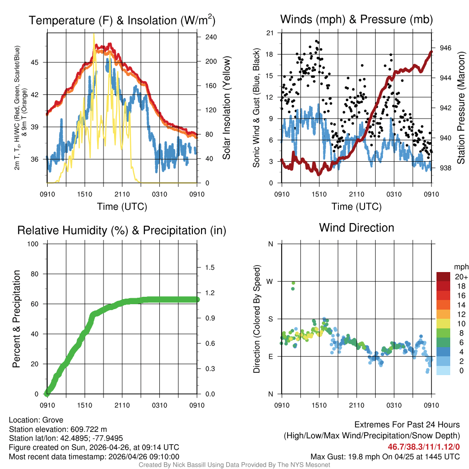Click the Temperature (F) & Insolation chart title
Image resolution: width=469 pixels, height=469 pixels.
click(x=122, y=21)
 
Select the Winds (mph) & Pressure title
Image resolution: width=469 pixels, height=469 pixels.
click(x=356, y=19)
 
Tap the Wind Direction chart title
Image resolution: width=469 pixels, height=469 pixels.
click(x=356, y=228)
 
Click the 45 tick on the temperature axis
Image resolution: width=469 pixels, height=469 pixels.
click(x=40, y=62)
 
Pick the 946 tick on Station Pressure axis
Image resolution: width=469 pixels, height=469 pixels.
click(x=446, y=48)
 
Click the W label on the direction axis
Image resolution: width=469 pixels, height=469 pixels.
click(x=270, y=281)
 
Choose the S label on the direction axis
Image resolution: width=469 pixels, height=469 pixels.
click(x=270, y=319)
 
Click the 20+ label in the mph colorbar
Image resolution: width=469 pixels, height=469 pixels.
click(x=461, y=277)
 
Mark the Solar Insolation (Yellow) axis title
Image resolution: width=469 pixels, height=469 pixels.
click(x=226, y=108)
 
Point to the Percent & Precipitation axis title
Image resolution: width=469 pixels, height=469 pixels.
click(x=16, y=319)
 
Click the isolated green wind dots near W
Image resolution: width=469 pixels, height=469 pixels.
click(x=293, y=286)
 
